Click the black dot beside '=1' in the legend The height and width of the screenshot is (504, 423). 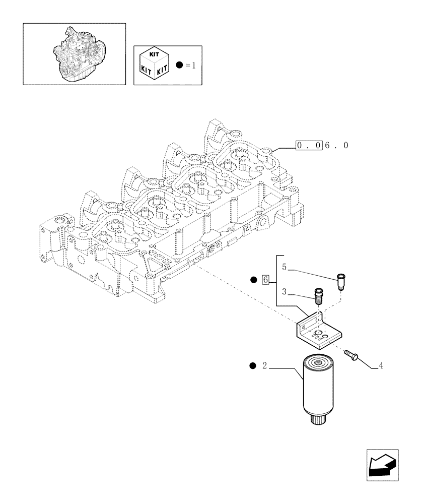180,65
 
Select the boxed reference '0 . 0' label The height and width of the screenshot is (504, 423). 308,146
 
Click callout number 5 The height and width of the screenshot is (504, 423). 284,267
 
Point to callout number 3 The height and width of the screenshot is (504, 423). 284,291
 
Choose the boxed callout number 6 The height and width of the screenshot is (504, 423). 266,280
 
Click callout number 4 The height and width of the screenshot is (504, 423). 381,366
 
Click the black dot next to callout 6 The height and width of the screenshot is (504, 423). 254,280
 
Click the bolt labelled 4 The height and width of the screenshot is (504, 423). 350,356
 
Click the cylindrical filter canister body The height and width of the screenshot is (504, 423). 318,388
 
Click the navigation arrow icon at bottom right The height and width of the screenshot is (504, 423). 382,465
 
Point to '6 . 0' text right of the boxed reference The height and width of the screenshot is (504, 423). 336,146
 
